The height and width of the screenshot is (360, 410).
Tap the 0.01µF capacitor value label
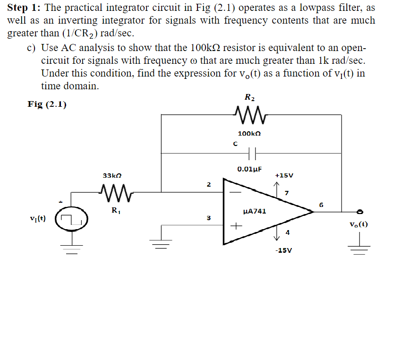click(249, 169)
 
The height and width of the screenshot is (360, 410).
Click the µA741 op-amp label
click(254, 211)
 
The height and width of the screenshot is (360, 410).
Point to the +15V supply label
click(284, 175)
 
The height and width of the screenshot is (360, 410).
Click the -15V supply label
click(283, 250)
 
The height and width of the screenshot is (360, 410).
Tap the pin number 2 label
click(208, 184)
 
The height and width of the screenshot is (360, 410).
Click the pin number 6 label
click(321, 205)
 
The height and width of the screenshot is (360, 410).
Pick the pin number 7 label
click(287, 193)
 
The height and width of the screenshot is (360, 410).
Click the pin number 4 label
click(287, 232)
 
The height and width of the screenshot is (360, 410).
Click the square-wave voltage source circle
click(71, 219)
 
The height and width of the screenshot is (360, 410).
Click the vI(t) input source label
click(38, 219)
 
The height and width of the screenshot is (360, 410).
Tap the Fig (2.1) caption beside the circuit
click(47, 104)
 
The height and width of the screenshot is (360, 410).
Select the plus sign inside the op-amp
click(233, 227)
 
